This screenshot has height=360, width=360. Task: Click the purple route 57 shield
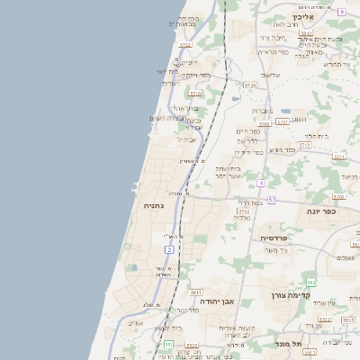coord(272,200)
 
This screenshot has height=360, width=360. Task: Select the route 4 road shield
coord(260,183)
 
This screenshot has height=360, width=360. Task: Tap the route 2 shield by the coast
coord(169,248)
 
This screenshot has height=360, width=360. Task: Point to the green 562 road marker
coord(310,283)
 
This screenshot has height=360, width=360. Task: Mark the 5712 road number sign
coord(305,144)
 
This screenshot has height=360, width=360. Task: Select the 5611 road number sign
coord(196,292)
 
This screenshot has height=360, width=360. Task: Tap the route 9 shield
coord(342,12)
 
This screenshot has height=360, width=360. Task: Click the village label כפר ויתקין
coord(197,76)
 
